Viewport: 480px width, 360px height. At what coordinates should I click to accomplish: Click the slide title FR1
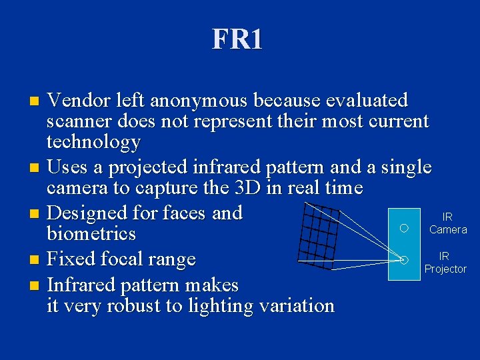point(237,39)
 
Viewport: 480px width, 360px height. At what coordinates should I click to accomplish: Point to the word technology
point(93,142)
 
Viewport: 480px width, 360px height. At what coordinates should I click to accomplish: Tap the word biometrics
point(91,234)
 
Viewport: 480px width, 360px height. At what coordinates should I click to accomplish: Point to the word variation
point(293,306)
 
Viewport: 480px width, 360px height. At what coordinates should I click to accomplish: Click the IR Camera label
point(447,223)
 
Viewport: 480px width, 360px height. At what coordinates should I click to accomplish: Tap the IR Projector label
point(445,263)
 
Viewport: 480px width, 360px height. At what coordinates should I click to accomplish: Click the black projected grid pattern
point(319,235)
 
